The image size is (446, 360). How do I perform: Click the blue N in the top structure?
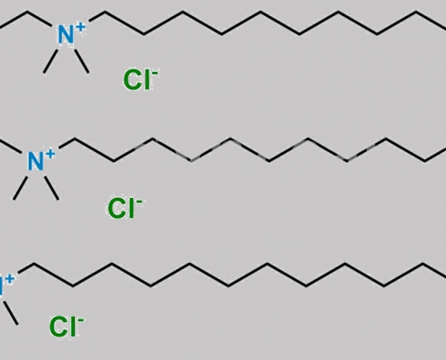(x=66, y=35)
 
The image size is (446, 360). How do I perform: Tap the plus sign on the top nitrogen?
(x=80, y=27)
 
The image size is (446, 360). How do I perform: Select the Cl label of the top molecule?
(x=137, y=80)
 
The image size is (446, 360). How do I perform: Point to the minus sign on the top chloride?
(x=155, y=73)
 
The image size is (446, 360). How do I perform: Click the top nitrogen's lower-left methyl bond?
(x=50, y=61)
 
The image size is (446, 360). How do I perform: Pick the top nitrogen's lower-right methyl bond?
(x=82, y=61)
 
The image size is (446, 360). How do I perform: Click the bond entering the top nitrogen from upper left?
(x=39, y=18)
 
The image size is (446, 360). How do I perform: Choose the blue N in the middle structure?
(x=36, y=162)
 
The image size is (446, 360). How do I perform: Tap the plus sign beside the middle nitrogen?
(x=50, y=154)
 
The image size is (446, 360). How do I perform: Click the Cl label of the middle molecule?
(x=121, y=209)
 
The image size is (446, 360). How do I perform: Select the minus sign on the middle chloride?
(x=140, y=201)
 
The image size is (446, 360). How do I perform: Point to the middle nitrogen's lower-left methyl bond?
(x=21, y=188)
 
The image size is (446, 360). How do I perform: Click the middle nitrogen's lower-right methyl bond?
(x=51, y=188)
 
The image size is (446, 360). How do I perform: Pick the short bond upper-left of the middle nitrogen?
(x=10, y=147)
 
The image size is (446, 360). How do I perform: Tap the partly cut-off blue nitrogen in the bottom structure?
(x=2, y=287)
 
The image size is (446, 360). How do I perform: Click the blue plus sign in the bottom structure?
(x=10, y=279)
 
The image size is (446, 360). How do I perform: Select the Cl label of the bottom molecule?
(x=62, y=327)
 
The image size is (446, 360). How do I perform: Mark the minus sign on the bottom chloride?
(x=81, y=319)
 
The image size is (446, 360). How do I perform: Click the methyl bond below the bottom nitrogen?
(x=11, y=313)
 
